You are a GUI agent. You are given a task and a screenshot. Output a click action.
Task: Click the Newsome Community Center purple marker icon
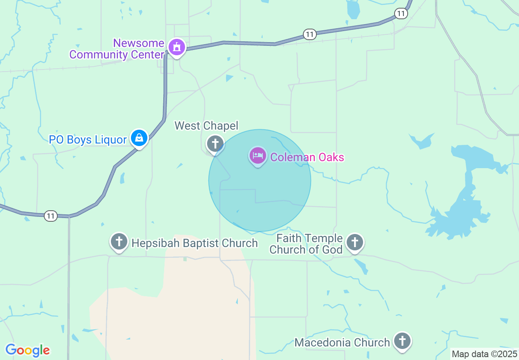coord(177,47)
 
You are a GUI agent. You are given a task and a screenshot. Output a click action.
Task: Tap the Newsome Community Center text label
coord(117,49)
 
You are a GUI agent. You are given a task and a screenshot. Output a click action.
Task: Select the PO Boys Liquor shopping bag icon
coord(139,138)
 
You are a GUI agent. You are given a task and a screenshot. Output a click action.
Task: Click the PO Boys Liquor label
coord(88,140)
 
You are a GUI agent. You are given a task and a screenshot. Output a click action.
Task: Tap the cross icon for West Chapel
coord(215,143)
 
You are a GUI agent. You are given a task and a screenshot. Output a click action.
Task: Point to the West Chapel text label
coord(206,126)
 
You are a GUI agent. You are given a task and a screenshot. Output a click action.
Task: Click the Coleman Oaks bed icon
coord(257,156)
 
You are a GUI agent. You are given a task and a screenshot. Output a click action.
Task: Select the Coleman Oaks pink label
coord(307,157)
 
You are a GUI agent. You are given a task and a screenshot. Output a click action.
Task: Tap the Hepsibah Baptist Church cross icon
coord(119,241)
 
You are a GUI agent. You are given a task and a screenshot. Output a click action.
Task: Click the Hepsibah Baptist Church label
coord(194,243)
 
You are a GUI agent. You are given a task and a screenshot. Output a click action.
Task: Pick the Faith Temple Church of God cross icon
coord(354,242)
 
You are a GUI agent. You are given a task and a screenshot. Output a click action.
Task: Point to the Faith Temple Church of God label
coord(306,244)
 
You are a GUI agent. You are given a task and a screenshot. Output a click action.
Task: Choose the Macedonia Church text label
coord(342,342)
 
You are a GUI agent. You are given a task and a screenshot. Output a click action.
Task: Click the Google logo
coord(27,350)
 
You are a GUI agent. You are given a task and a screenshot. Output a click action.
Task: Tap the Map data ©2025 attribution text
coord(484,354)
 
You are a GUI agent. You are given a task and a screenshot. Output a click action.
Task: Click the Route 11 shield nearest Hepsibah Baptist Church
coord(50,216)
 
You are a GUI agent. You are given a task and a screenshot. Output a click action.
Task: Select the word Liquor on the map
coord(111,140)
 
